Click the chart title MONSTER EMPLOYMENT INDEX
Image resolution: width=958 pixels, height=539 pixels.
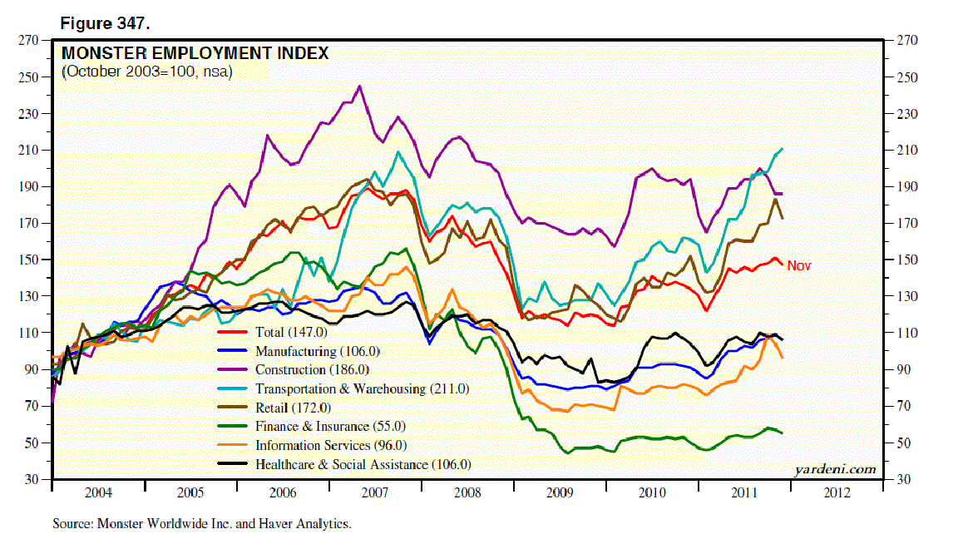coord(195,54)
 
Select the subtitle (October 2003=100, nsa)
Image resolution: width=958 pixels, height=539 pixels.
coord(146,72)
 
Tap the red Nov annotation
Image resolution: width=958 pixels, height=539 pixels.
coord(798,265)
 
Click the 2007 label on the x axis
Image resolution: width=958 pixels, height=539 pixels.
coord(374,493)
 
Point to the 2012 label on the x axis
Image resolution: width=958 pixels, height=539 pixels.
coord(837,493)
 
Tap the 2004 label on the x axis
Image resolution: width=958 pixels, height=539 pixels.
coord(98,493)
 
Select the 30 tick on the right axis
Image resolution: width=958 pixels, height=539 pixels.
coord(901,480)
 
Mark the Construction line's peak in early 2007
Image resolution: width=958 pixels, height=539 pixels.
coord(359,86)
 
